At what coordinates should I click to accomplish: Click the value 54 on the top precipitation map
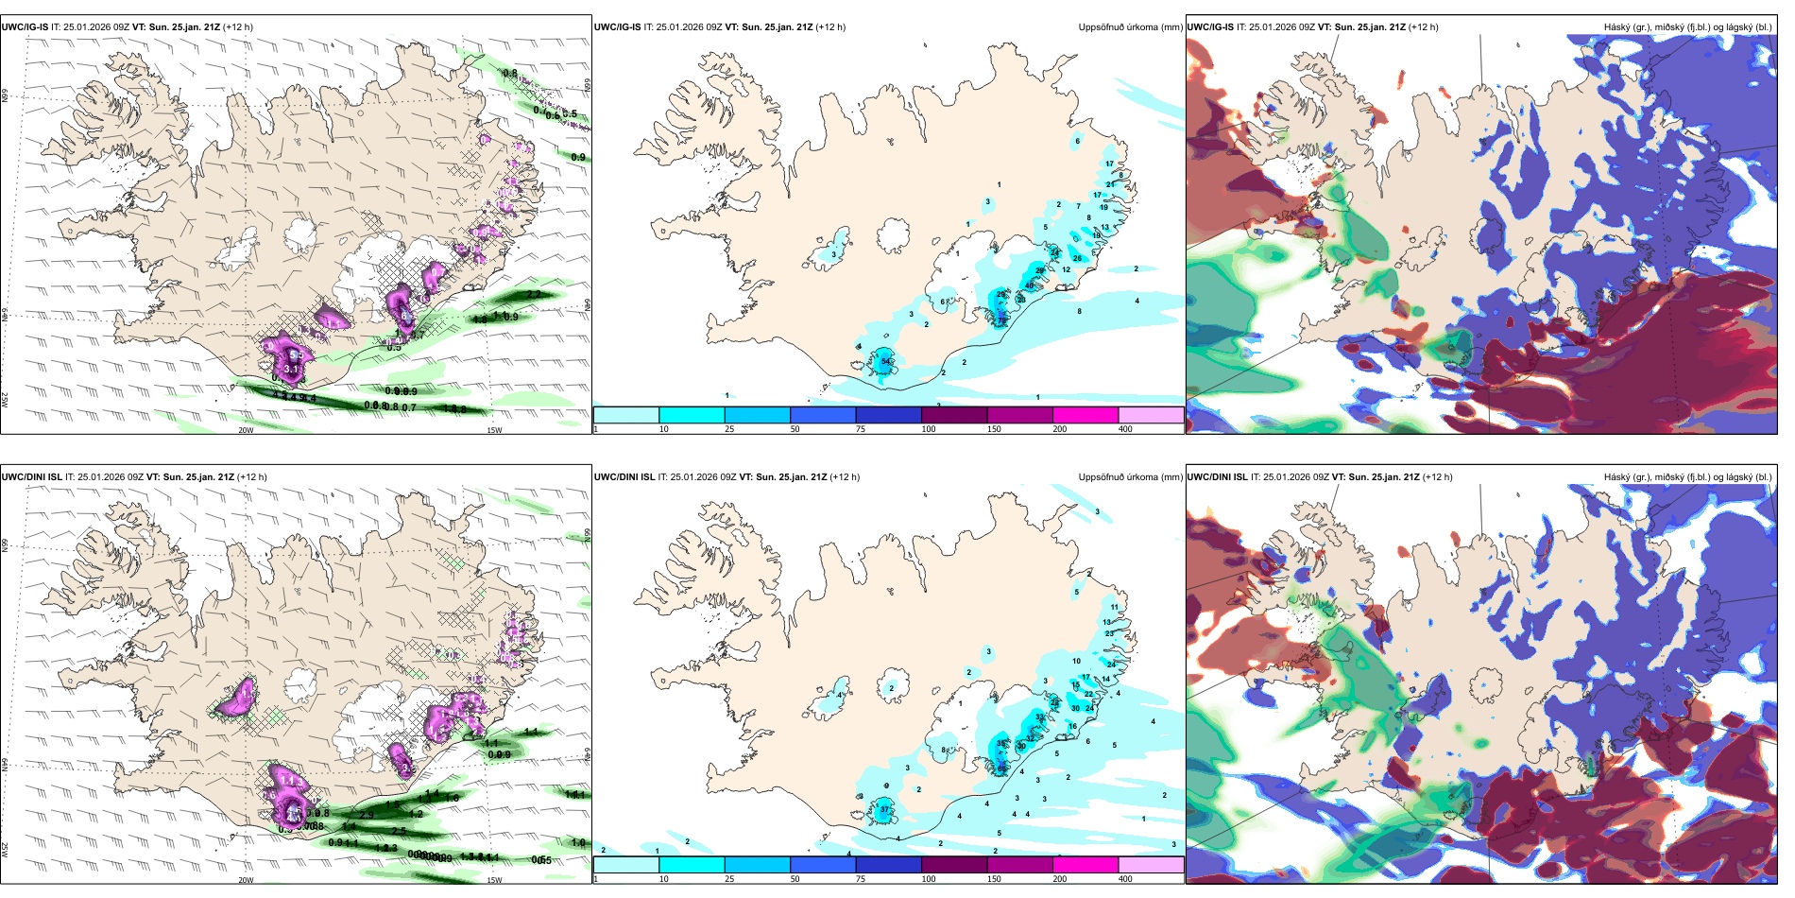(886, 362)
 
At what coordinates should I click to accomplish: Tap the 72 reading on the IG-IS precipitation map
(1001, 321)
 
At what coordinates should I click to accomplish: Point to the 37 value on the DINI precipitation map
(885, 810)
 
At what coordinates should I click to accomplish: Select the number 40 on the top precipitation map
(1029, 285)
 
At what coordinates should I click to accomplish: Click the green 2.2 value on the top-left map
(534, 295)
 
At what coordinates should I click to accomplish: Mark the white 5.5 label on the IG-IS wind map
(294, 354)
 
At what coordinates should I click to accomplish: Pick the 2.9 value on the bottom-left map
(367, 814)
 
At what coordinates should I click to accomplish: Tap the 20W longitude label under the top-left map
(246, 430)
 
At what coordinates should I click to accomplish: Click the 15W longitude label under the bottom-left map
(493, 880)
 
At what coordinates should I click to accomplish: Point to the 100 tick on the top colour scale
(929, 429)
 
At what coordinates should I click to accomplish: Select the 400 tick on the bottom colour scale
(1125, 879)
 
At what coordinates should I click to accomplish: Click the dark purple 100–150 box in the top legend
(954, 414)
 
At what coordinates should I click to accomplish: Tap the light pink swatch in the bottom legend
(1151, 864)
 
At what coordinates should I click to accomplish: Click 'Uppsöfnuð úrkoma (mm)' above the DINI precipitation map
(1130, 477)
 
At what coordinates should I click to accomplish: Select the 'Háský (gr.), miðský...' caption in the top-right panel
(1687, 27)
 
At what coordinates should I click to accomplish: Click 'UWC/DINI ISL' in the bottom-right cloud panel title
(1217, 477)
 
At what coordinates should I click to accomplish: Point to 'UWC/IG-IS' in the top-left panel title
(25, 27)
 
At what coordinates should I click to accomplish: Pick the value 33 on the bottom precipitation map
(1039, 717)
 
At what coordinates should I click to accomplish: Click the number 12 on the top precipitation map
(1066, 269)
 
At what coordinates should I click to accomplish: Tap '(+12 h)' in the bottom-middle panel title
(844, 477)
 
